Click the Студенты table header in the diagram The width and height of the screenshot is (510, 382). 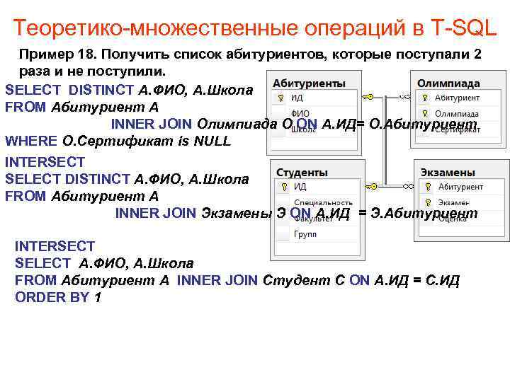pos(302,172)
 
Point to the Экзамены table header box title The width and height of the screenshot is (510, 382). pos(447,172)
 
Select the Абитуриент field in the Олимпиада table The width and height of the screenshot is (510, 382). pos(457,98)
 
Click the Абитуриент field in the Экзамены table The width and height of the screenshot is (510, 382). pos(460,187)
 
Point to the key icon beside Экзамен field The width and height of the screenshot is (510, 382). pos(427,203)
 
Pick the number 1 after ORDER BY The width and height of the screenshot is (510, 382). pos(97,297)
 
